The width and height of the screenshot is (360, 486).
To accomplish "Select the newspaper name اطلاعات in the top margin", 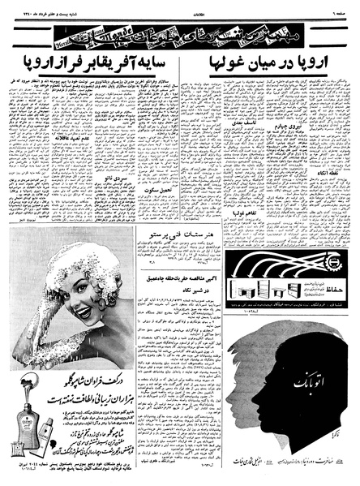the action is [x=179, y=6].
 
